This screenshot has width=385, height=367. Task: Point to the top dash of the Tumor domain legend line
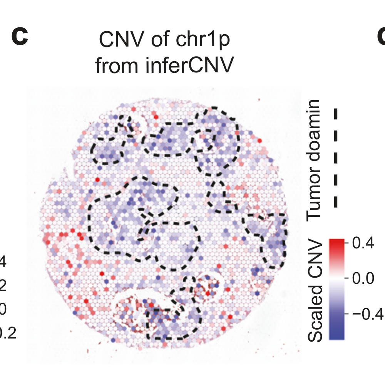tap(336, 114)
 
